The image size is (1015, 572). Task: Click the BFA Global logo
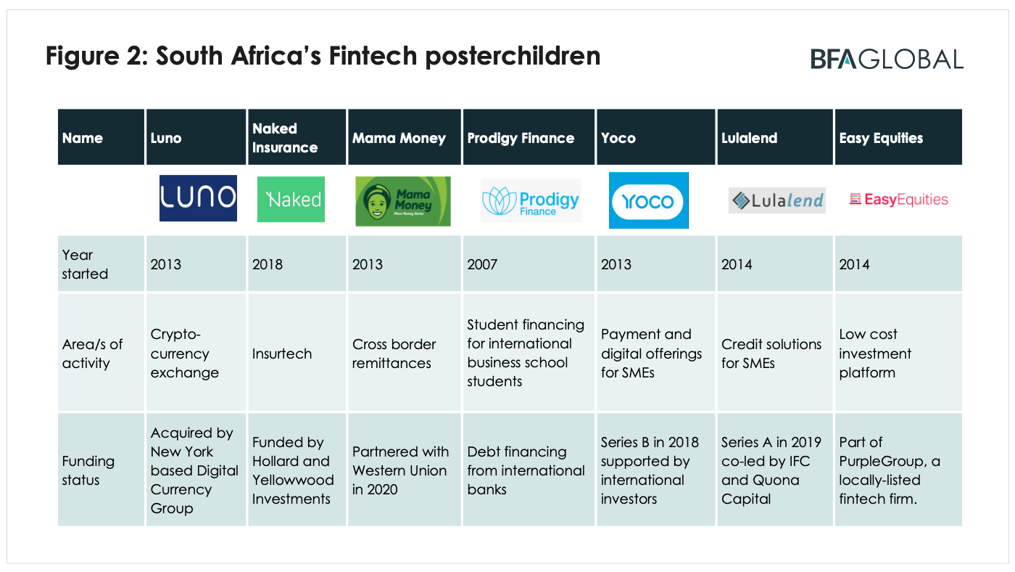coord(887,59)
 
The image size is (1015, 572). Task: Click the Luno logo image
coord(198,198)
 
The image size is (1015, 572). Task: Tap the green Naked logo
coord(291,199)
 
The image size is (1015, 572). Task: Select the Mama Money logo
coord(403,201)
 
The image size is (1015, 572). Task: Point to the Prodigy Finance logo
coord(531,200)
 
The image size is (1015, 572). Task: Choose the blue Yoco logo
coord(648,200)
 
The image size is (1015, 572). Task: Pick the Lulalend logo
coord(776,200)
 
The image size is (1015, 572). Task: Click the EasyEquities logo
coord(898,199)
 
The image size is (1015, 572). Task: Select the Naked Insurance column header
coord(285,138)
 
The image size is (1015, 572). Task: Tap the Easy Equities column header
coord(881,138)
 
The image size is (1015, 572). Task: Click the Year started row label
coord(85,264)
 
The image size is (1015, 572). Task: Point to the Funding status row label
coord(88,470)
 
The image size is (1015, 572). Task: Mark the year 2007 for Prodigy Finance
coord(482,264)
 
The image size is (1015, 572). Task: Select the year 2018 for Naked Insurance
coord(268,264)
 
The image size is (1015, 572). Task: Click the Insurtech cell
coord(282,354)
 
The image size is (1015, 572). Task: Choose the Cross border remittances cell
coord(394,354)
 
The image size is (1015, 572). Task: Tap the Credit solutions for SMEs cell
coord(771,354)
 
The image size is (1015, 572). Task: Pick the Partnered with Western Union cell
coord(400,470)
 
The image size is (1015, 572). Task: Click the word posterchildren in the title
coord(513,56)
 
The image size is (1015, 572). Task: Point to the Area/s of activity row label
coord(92,354)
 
